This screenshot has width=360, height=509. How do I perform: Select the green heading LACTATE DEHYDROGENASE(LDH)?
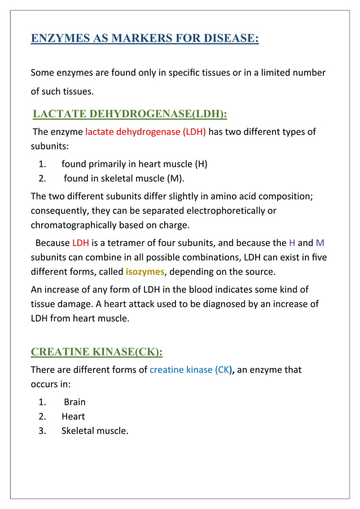click(130, 114)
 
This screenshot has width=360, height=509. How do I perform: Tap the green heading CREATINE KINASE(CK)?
click(96, 352)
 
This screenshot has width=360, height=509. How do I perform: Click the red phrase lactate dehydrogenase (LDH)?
click(146, 132)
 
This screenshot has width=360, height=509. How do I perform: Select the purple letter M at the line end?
click(320, 243)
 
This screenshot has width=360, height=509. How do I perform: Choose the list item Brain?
click(74, 402)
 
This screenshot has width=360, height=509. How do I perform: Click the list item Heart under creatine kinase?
click(73, 416)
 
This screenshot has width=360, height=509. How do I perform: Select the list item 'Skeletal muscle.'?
click(95, 431)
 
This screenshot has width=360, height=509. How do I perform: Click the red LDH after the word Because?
click(80, 243)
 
